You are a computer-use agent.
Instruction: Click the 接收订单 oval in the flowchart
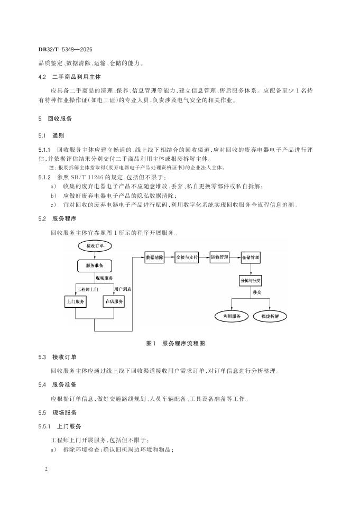[x=95, y=246]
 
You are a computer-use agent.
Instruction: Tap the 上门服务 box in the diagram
[x=76, y=301]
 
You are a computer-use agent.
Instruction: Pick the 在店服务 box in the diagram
[x=113, y=301]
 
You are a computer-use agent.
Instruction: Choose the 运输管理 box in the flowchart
[x=219, y=258]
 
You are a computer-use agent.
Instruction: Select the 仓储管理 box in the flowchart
[x=251, y=258]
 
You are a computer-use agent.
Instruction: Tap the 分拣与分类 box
[x=251, y=281]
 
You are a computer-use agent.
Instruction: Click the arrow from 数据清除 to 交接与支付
[x=169, y=258]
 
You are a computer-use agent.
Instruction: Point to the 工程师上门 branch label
[x=88, y=289]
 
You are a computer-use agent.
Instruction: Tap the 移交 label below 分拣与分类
[x=257, y=292]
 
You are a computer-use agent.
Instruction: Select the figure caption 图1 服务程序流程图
[x=175, y=343]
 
